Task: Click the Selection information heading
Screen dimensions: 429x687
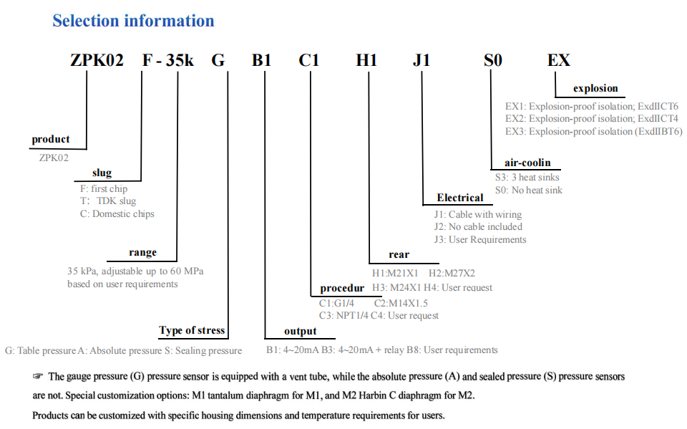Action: (133, 21)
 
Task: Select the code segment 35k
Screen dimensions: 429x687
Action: (180, 60)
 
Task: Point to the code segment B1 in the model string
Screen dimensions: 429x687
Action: (261, 60)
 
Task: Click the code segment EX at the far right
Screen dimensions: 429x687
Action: (559, 60)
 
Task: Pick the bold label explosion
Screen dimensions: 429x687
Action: (595, 89)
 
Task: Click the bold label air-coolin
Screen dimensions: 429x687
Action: (527, 163)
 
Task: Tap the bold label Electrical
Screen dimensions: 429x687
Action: (460, 198)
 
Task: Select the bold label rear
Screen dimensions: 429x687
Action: (399, 254)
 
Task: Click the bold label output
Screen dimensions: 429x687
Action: (300, 331)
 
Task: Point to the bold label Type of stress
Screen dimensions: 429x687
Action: (192, 330)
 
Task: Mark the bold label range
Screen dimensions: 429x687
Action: (142, 252)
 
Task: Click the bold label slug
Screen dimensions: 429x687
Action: (102, 173)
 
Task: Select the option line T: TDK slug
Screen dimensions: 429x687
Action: (108, 201)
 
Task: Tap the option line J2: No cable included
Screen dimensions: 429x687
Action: (478, 227)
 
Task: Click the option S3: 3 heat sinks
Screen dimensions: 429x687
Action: (527, 177)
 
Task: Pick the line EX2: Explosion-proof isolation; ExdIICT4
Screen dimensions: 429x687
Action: (592, 119)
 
